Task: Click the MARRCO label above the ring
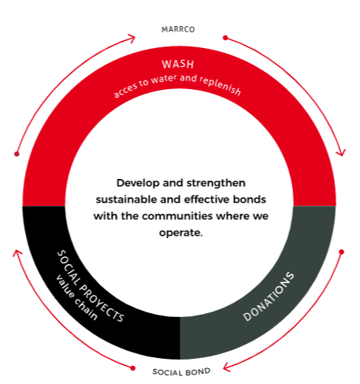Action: pos(178,29)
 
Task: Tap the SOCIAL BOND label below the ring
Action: pos(181,372)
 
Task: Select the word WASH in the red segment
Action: pos(178,65)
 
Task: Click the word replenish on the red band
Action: pos(220,85)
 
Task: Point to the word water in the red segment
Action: pos(163,79)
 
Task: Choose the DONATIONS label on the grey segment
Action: pos(269,296)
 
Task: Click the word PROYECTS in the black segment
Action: pos(102,303)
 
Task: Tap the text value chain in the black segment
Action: pos(76,297)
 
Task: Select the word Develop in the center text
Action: pos(138,183)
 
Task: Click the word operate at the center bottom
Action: pos(180,233)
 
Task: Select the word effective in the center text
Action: pos(207,199)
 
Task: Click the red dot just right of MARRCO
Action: pos(225,38)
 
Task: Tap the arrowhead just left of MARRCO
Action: pos(132,39)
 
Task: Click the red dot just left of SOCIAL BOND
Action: pos(133,368)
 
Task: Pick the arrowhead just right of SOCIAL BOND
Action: pos(227,367)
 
